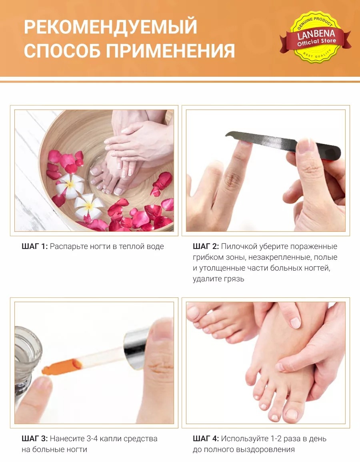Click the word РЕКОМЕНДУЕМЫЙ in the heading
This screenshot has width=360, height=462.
[110, 27]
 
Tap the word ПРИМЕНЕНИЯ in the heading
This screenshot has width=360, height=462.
[170, 51]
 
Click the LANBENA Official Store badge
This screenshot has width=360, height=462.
[316, 37]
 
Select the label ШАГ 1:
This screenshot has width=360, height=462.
[34, 247]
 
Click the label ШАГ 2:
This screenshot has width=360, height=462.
[206, 247]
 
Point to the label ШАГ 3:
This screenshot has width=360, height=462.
[34, 439]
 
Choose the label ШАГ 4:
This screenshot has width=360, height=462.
[206, 439]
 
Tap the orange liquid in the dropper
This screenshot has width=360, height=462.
[62, 366]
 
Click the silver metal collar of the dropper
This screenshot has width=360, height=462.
[136, 348]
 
